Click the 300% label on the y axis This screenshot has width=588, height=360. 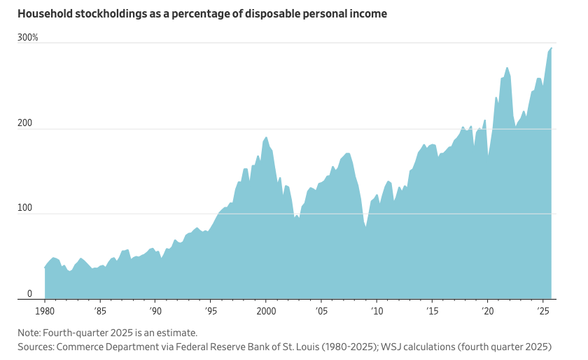(28, 36)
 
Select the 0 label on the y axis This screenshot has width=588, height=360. (30, 293)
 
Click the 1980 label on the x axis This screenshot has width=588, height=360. (45, 310)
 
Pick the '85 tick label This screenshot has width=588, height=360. (100, 310)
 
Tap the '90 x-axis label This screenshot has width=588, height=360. (155, 310)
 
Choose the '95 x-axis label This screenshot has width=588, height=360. (211, 310)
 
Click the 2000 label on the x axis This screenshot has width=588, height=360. (266, 310)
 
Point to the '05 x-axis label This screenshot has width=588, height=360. (321, 310)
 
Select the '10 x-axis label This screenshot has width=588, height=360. (376, 310)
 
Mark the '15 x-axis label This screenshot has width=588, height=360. (431, 310)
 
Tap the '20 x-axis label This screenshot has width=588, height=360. (486, 310)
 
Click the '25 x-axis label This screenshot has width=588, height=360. (542, 310)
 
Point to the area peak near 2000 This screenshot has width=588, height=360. (266, 137)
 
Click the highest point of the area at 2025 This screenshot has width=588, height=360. (552, 48)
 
